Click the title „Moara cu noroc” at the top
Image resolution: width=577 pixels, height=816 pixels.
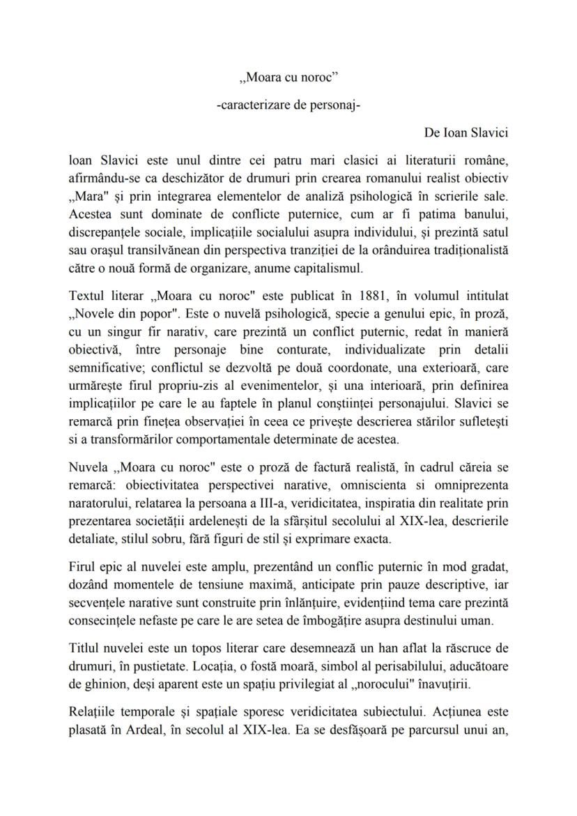(288, 79)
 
